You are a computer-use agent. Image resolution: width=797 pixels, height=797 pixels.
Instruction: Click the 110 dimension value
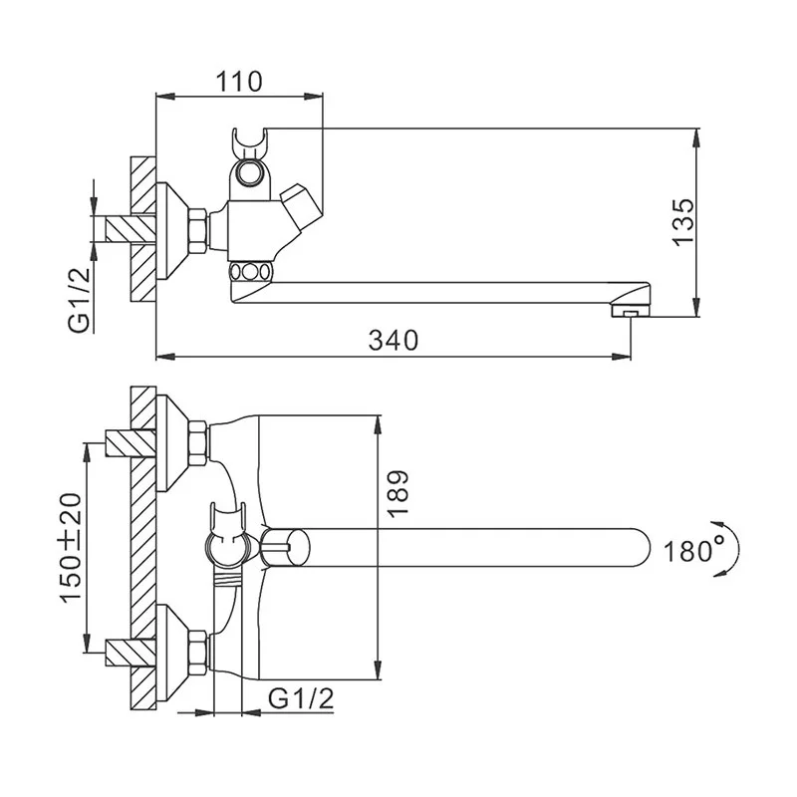click(x=239, y=82)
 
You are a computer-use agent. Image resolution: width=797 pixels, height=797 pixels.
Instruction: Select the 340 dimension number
click(x=393, y=340)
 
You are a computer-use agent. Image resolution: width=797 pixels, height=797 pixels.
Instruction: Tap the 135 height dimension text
click(x=682, y=222)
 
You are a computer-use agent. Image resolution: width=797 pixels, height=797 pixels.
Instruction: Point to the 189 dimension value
click(x=398, y=493)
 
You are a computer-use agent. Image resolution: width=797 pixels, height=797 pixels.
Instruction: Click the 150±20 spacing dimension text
click(x=71, y=547)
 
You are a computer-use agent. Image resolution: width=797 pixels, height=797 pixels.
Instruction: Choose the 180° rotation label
click(x=693, y=550)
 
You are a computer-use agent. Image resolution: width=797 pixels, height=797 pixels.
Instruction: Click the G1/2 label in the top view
click(x=80, y=300)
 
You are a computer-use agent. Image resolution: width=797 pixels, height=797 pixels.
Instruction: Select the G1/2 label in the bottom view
click(x=301, y=699)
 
